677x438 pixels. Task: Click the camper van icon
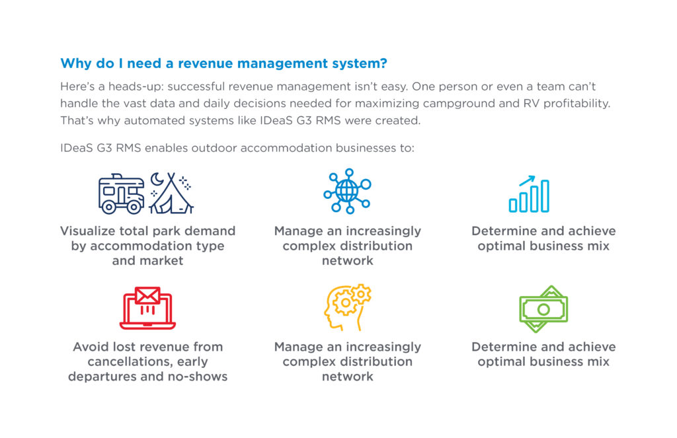point(122,194)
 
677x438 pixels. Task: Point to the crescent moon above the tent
point(157,178)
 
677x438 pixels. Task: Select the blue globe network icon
point(348,191)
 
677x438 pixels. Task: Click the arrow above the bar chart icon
point(527,180)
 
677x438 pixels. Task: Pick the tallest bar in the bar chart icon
point(545,196)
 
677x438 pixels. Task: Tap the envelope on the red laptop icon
point(147,295)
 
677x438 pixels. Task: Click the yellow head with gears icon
point(348,307)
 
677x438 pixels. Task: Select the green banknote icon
point(543,309)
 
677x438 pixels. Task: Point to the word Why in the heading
point(76,63)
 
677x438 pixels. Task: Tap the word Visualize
point(88,231)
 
